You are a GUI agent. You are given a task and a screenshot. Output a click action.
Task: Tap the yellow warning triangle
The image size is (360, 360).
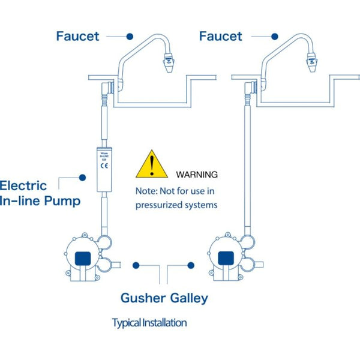click(x=152, y=165)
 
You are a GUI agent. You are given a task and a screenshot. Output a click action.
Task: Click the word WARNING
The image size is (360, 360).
click(x=197, y=175)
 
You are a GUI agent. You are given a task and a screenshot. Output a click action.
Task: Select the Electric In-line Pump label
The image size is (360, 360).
click(x=40, y=193)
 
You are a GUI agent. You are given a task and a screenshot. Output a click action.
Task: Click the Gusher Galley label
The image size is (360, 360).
click(x=164, y=298)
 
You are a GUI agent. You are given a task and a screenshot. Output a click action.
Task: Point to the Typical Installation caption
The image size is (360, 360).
click(x=149, y=323)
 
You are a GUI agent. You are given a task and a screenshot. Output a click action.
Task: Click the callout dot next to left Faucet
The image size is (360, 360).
click(x=130, y=36)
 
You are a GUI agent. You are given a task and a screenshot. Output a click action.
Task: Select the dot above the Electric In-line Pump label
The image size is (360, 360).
click(x=83, y=176)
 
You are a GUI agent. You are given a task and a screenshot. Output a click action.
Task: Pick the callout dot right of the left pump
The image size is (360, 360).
click(x=137, y=264)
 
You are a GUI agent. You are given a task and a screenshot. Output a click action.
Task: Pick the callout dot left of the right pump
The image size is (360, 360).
click(x=191, y=264)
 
